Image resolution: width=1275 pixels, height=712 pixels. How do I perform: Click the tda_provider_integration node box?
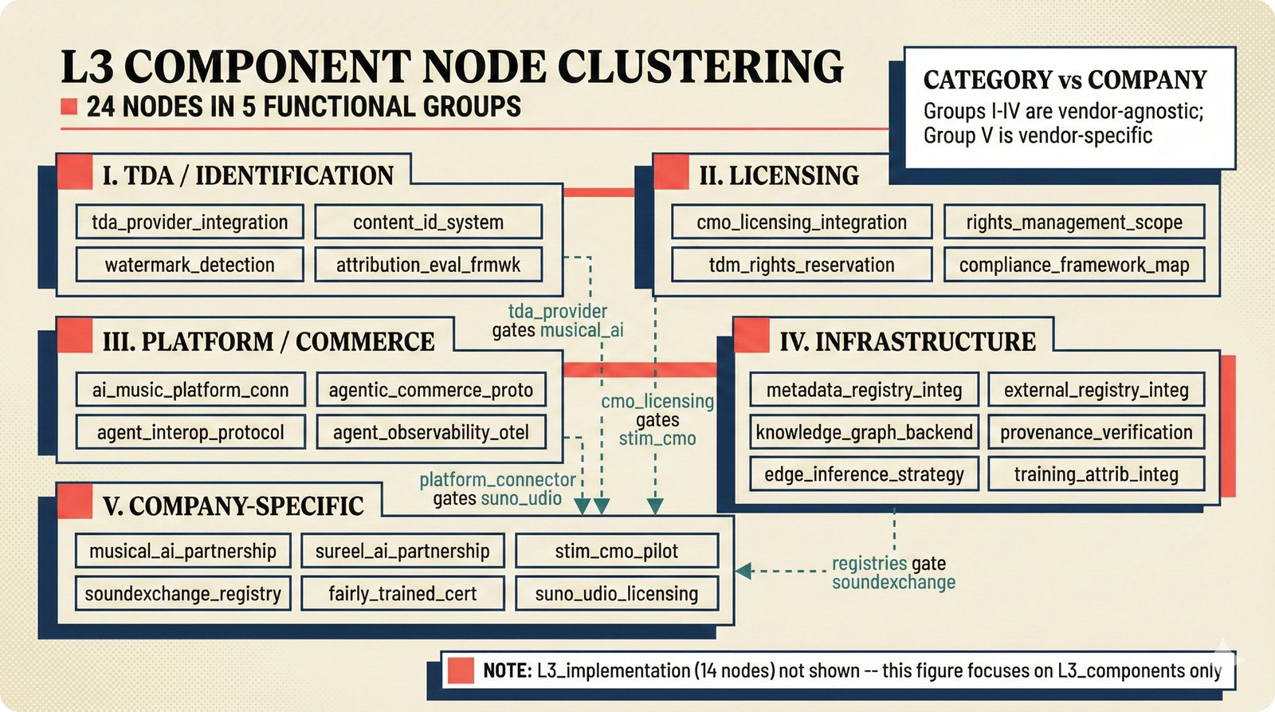pyautogui.click(x=190, y=222)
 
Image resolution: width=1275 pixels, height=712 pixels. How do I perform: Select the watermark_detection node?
pyautogui.click(x=190, y=265)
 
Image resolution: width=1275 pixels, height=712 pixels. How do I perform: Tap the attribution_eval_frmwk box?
pyautogui.click(x=428, y=265)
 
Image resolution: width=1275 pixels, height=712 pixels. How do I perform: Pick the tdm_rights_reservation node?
pyautogui.click(x=801, y=265)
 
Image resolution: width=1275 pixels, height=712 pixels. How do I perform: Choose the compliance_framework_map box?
pyautogui.click(x=1073, y=265)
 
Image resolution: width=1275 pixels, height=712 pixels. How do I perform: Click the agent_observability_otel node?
pyautogui.click(x=431, y=432)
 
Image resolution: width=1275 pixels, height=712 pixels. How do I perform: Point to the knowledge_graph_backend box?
pyautogui.click(x=864, y=432)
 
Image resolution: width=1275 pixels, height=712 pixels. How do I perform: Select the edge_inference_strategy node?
pyautogui.click(x=864, y=474)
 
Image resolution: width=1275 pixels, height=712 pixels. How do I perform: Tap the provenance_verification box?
pyautogui.click(x=1096, y=432)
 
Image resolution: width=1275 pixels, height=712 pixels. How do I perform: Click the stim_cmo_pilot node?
pyautogui.click(x=616, y=551)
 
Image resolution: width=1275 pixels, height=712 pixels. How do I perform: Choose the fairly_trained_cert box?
pyautogui.click(x=402, y=594)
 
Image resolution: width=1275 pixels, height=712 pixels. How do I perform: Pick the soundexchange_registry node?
pyautogui.click(x=182, y=594)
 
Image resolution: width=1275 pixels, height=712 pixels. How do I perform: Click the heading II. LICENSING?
pyautogui.click(x=779, y=175)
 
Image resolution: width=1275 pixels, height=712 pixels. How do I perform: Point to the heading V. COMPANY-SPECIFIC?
pyautogui.click(x=233, y=506)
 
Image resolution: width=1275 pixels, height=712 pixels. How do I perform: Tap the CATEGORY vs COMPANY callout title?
pyautogui.click(x=1065, y=80)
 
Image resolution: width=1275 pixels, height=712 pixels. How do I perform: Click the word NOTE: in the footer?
pyautogui.click(x=507, y=671)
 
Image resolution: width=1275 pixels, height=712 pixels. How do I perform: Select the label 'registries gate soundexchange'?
pyautogui.click(x=892, y=572)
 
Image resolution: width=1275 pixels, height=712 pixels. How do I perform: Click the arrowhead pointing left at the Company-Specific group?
pyautogui.click(x=743, y=571)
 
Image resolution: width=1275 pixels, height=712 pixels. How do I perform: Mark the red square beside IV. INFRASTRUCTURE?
pyautogui.click(x=751, y=335)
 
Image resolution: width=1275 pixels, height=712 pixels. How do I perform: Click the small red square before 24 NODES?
pyautogui.click(x=69, y=107)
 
